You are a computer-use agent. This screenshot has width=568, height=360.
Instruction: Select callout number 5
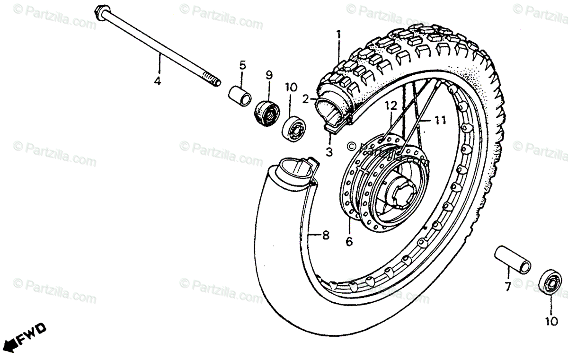pyautogui.click(x=242, y=65)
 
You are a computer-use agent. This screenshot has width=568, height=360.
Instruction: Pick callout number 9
pyautogui.click(x=269, y=74)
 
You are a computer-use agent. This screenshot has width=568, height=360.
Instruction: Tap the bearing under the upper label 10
pyautogui.click(x=295, y=127)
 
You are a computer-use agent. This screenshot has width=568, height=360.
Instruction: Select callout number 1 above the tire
pyautogui.click(x=338, y=35)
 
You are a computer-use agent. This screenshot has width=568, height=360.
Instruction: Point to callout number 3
pyautogui.click(x=329, y=152)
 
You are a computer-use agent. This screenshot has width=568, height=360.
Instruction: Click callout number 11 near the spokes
pyautogui.click(x=440, y=121)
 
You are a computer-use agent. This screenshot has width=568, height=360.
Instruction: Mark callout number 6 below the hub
pyautogui.click(x=349, y=242)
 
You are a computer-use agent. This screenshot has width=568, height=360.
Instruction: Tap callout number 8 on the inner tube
pyautogui.click(x=325, y=235)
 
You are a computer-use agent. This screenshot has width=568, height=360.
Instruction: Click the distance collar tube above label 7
pyautogui.click(x=512, y=260)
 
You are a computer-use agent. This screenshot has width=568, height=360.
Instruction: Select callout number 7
pyautogui.click(x=507, y=287)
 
